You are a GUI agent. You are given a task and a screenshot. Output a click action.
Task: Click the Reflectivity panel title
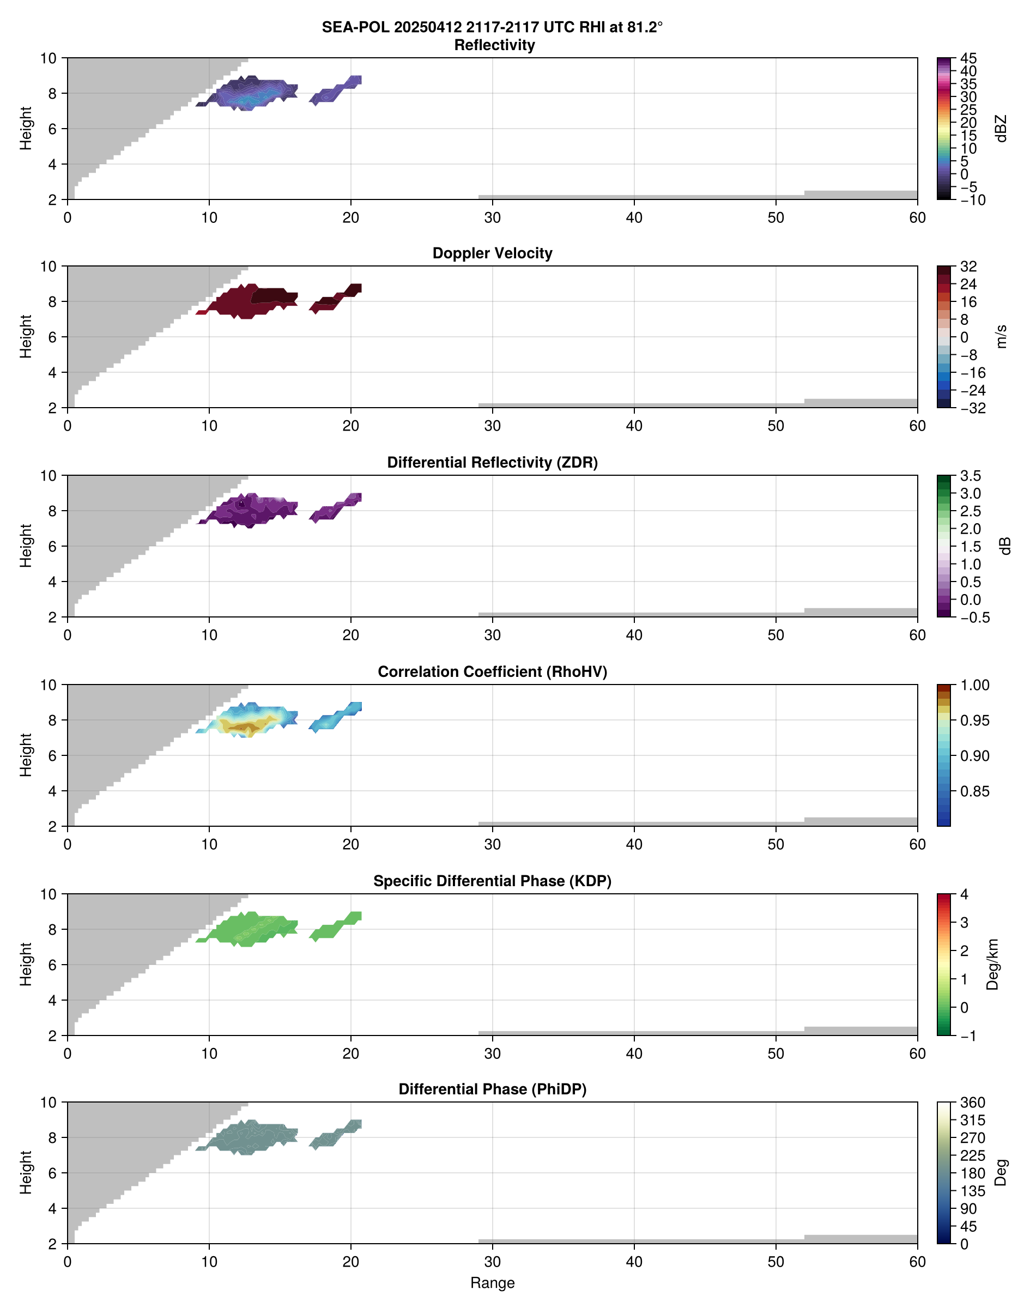pyautogui.click(x=494, y=45)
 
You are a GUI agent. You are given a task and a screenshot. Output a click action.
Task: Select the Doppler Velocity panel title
pyautogui.click(x=492, y=253)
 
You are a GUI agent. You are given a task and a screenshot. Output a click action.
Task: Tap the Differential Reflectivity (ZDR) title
pyautogui.click(x=492, y=463)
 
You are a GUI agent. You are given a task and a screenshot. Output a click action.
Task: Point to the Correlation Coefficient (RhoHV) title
pyautogui.click(x=492, y=672)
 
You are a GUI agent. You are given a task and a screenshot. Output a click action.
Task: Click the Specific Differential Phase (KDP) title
pyautogui.click(x=492, y=881)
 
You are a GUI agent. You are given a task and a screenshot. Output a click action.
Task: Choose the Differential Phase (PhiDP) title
pyautogui.click(x=492, y=1089)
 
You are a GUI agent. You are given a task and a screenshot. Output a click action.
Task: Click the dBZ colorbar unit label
pyautogui.click(x=1002, y=129)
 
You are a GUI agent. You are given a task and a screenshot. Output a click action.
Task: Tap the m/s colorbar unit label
pyautogui.click(x=1002, y=336)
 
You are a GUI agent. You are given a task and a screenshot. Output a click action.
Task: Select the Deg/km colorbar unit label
pyautogui.click(x=992, y=964)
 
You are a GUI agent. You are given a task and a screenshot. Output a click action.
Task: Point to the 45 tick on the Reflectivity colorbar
pyautogui.click(x=968, y=58)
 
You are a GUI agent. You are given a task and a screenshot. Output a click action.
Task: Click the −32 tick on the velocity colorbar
pyautogui.click(x=972, y=408)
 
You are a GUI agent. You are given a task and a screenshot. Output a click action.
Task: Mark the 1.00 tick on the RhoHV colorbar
pyautogui.click(x=974, y=685)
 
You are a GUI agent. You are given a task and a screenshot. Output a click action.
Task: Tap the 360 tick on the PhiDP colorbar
pyautogui.click(x=973, y=1103)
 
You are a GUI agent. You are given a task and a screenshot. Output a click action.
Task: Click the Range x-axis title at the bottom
pyautogui.click(x=492, y=1283)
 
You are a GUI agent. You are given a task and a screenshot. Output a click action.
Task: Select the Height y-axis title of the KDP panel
pyautogui.click(x=25, y=964)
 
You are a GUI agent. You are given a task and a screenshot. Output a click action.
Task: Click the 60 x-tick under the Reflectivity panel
pyautogui.click(x=917, y=217)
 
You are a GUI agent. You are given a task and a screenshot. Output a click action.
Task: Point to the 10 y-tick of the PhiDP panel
pyautogui.click(x=49, y=1103)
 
